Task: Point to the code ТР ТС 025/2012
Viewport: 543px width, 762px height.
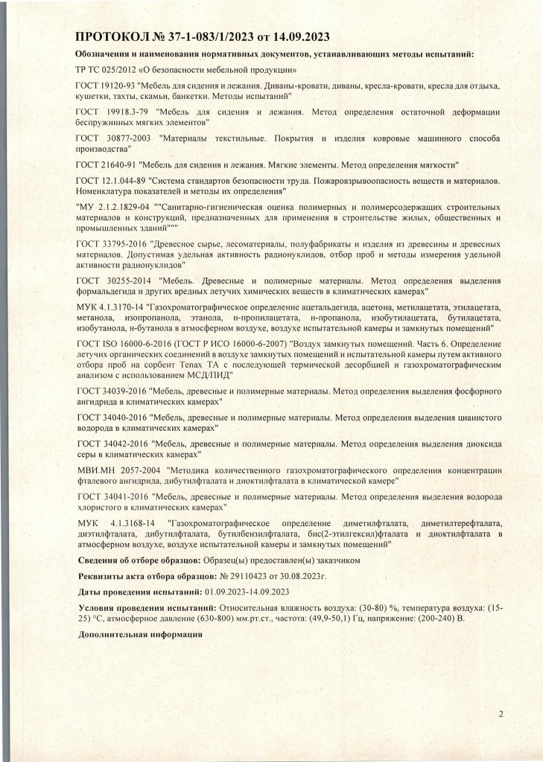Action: coord(105,69)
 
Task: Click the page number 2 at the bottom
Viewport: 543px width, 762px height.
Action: coord(501,715)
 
